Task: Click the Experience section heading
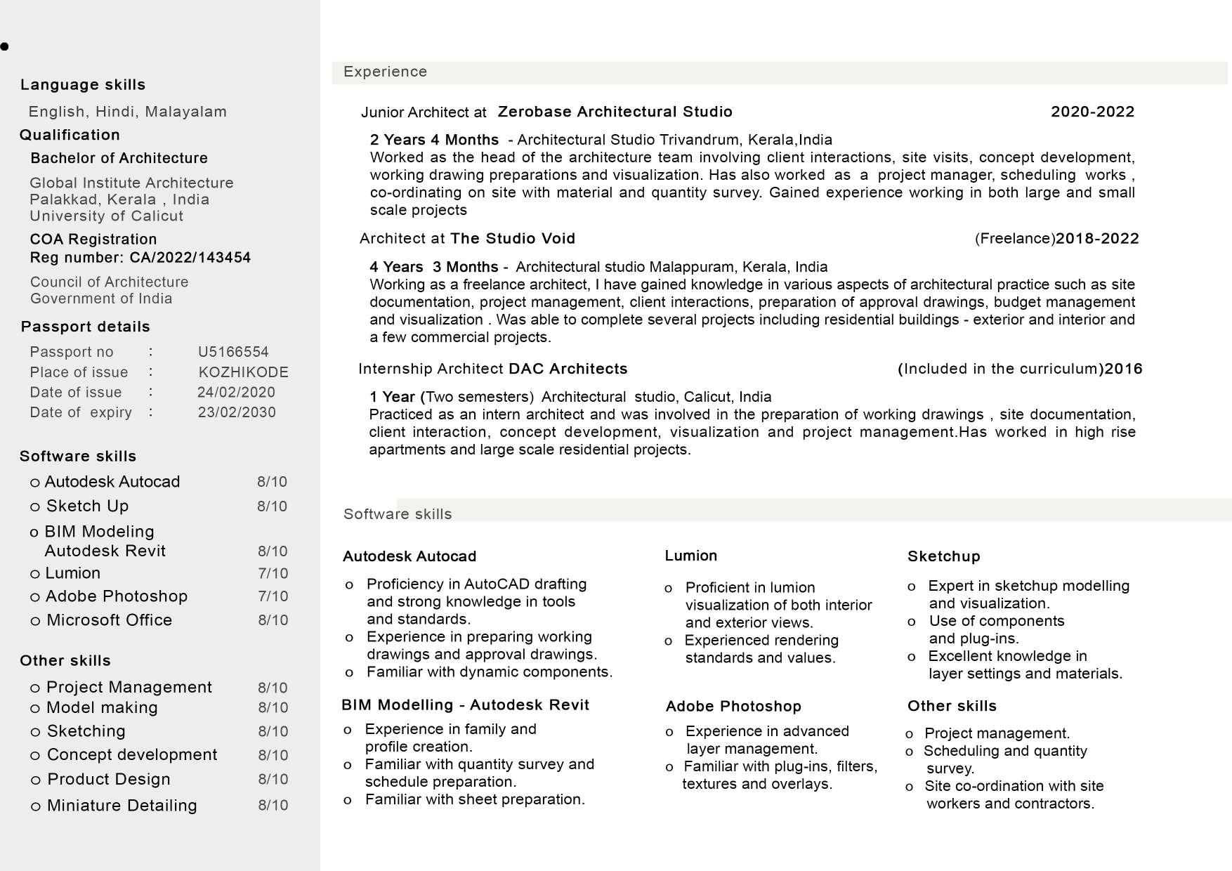pos(385,72)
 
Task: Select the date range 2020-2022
pos(1092,112)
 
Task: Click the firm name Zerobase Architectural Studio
pos(615,112)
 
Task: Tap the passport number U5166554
pos(233,352)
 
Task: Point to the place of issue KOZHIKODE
pos(243,372)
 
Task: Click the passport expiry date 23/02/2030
pos(237,412)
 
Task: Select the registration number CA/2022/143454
pos(190,258)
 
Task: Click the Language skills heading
pos(83,85)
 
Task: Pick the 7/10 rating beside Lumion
pos(273,574)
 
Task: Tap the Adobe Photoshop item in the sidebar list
pos(116,596)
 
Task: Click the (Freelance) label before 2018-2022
pos(1014,239)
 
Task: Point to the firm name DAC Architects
pos(568,369)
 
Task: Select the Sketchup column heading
pos(943,556)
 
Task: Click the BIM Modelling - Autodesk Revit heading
pos(465,705)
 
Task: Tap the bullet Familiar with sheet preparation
pos(474,799)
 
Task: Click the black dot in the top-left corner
pos(5,47)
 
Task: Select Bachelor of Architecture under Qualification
pos(119,158)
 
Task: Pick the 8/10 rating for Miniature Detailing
pos(273,806)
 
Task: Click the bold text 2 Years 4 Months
pos(434,140)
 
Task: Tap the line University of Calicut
pos(106,216)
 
